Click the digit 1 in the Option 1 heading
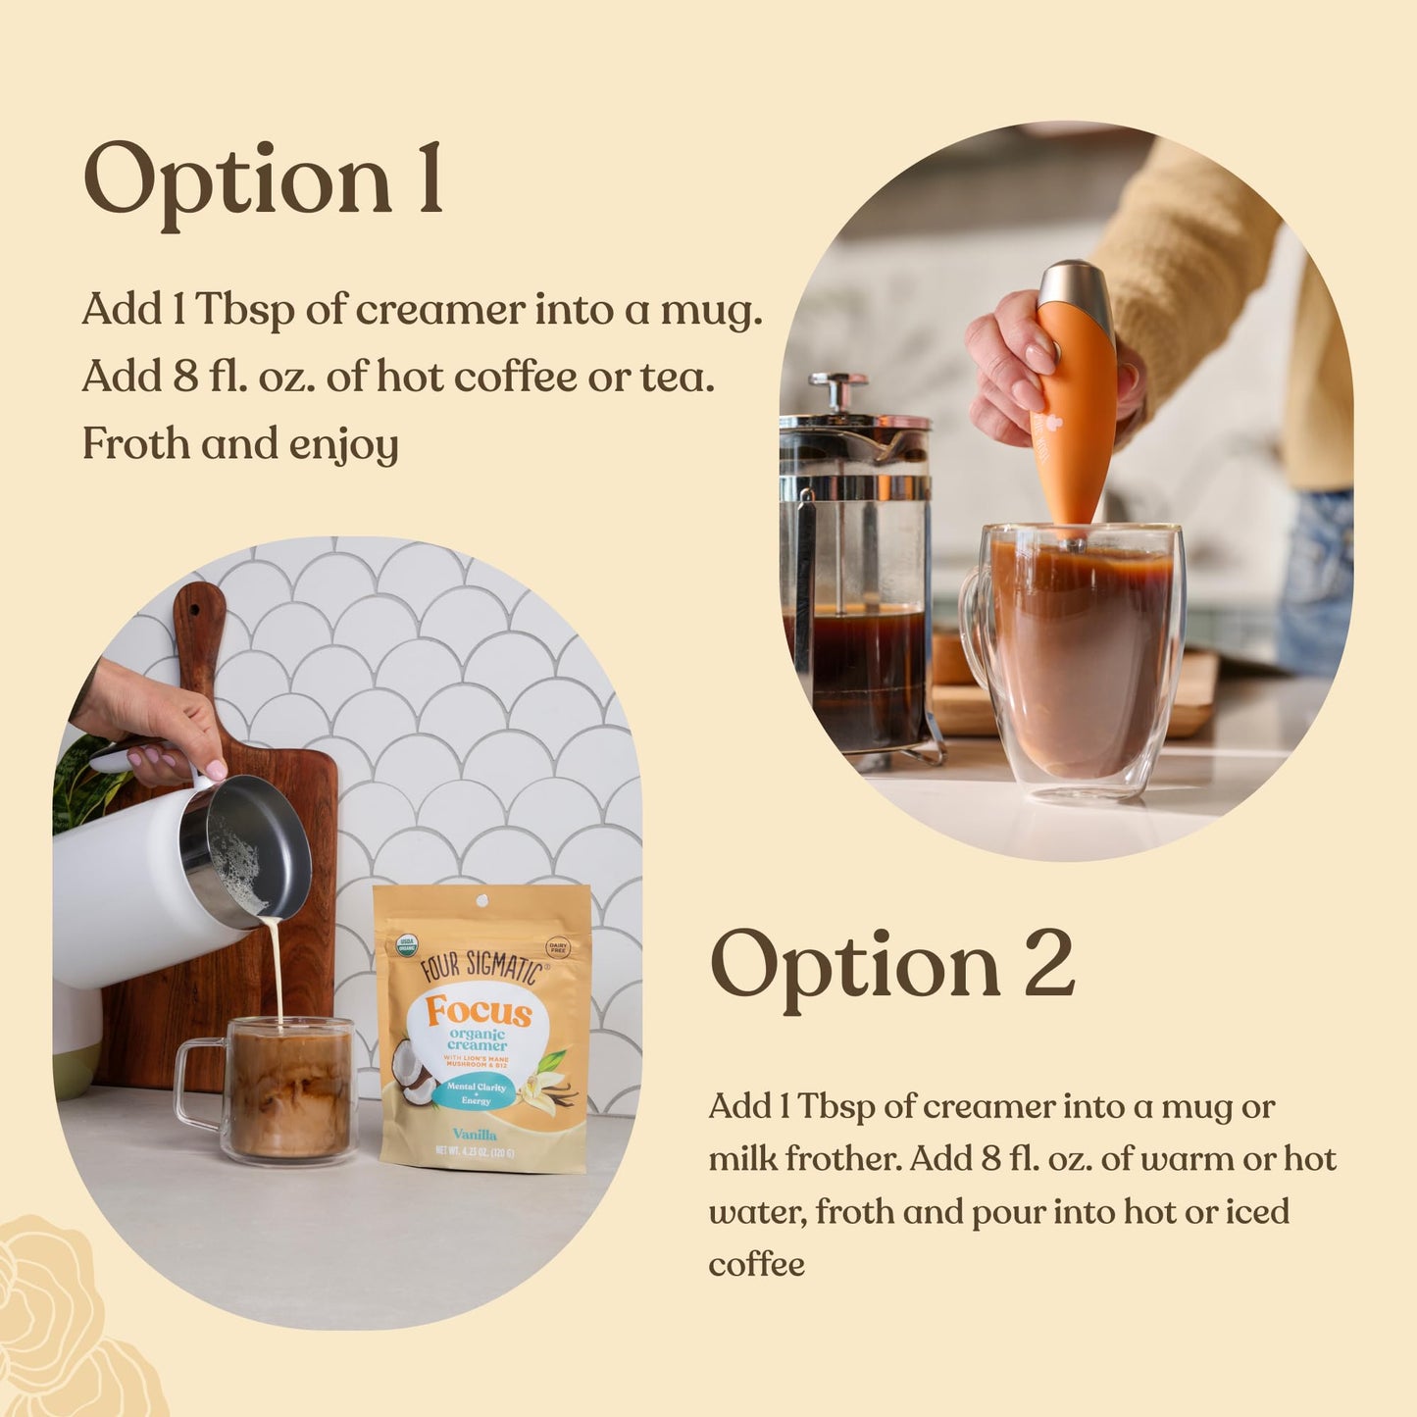(x=429, y=179)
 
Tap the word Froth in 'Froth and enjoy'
(x=135, y=443)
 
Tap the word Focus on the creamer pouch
(x=479, y=1012)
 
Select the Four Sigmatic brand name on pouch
(x=481, y=966)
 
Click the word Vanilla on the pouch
(x=475, y=1135)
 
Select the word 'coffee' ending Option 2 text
(x=756, y=1264)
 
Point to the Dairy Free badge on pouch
(x=558, y=946)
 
